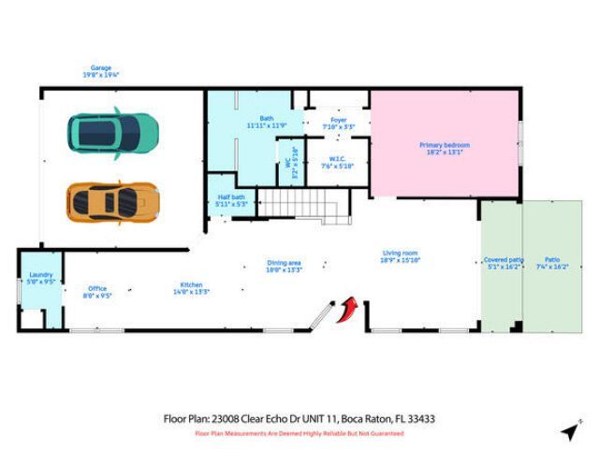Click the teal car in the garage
111,132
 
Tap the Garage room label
101,67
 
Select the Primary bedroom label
444,145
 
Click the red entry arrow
351,309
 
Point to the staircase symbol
295,201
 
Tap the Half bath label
231,196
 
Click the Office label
97,288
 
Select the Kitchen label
192,284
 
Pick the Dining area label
285,263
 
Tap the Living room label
400,253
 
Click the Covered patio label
504,259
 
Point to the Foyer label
339,119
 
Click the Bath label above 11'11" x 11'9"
267,118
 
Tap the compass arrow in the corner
569,430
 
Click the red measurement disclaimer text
299,434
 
